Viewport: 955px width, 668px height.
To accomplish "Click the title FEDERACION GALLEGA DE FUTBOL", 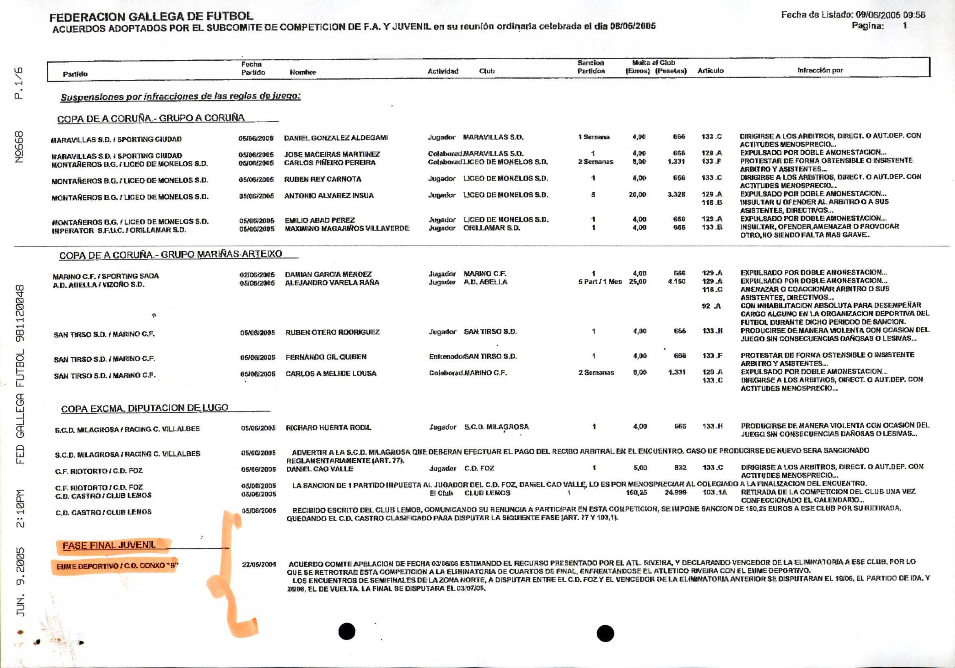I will click(x=151, y=17).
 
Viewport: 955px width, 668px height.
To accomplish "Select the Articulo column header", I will click(x=711, y=71).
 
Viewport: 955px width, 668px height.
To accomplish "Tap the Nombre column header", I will click(x=303, y=72).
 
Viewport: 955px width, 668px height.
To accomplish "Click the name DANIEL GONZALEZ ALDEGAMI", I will click(x=336, y=138).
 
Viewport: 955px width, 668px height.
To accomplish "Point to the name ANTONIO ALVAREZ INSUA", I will click(x=329, y=196).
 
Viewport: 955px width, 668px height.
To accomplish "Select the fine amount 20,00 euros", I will click(x=637, y=194).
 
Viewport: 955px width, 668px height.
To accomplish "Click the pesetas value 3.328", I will click(x=676, y=194).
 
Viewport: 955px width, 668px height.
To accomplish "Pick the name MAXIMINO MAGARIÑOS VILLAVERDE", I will click(x=347, y=229).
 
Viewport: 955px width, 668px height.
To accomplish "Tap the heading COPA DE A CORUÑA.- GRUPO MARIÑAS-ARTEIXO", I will click(x=171, y=255).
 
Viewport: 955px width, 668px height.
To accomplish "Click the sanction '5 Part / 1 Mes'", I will click(x=600, y=281).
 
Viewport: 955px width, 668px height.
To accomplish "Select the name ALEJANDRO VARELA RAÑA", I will click(x=332, y=282).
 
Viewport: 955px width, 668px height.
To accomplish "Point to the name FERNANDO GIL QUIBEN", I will click(x=326, y=357).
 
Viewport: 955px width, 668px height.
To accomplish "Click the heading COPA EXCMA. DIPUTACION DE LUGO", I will click(x=145, y=408).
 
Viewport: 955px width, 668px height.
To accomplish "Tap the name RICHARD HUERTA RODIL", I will click(x=328, y=428).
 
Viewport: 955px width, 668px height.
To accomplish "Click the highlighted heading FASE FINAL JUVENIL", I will click(x=109, y=545).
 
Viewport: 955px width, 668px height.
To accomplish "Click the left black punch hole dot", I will click(x=347, y=631).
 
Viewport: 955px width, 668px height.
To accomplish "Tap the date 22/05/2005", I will click(x=259, y=565).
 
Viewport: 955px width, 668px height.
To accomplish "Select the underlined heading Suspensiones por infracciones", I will click(x=180, y=97).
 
